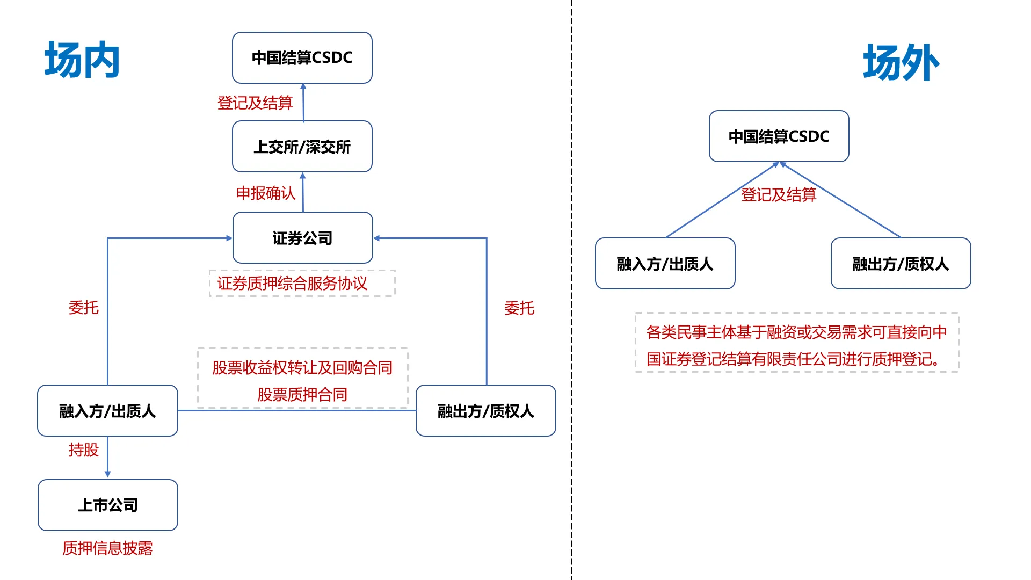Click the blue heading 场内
click(82, 60)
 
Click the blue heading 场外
click(901, 63)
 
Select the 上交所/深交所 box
click(302, 147)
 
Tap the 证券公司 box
click(302, 238)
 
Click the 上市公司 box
click(107, 505)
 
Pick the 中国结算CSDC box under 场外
click(779, 136)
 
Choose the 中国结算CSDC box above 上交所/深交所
click(302, 57)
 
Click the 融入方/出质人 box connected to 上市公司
click(107, 411)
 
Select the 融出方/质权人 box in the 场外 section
click(901, 264)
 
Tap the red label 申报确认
click(266, 193)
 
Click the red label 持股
click(84, 450)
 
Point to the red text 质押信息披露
click(107, 548)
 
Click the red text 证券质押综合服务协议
click(292, 284)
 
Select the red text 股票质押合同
click(302, 395)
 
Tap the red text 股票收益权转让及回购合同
click(302, 368)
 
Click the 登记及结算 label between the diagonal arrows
click(779, 195)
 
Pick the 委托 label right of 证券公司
click(519, 308)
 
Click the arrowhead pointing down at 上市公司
click(108, 474)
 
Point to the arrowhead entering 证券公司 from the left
click(229, 238)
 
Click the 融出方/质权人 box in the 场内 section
click(485, 411)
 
